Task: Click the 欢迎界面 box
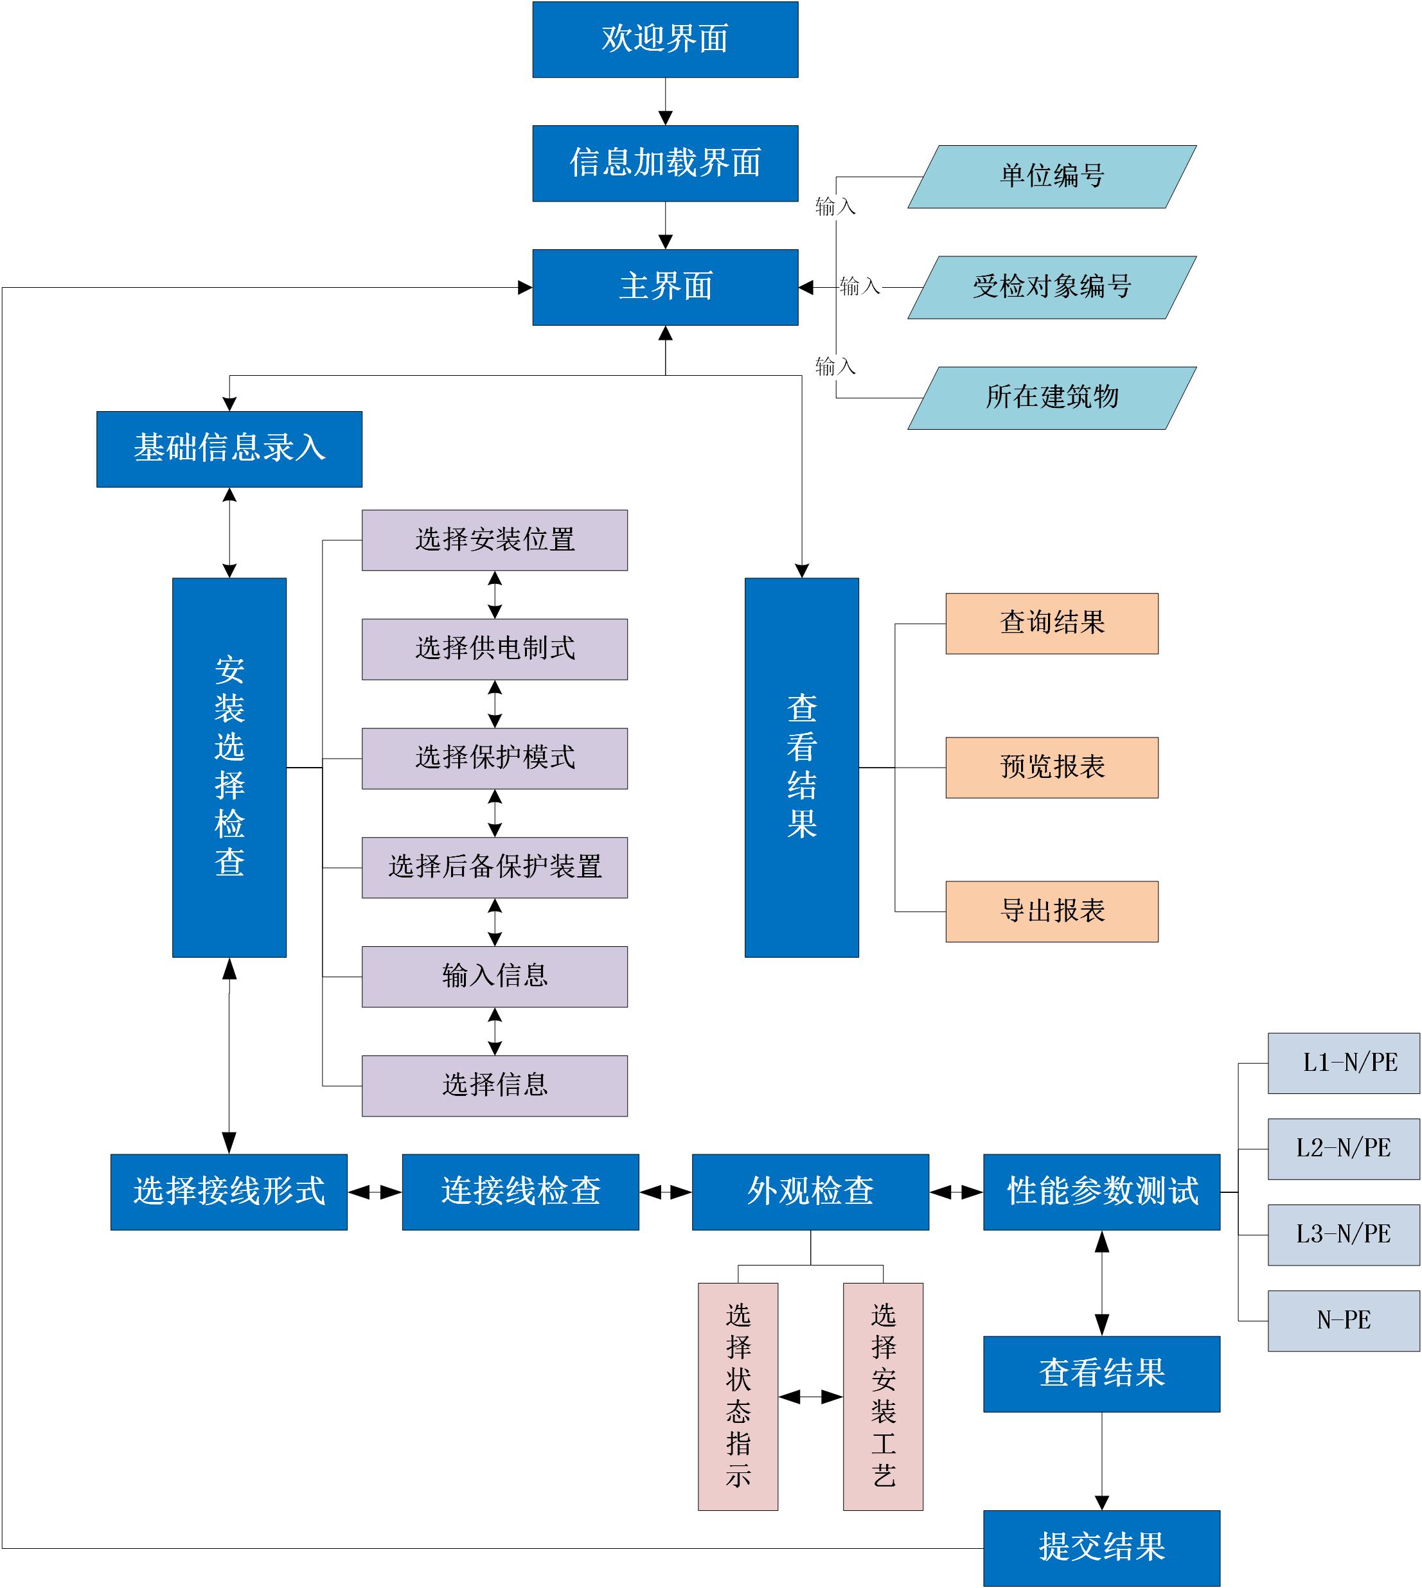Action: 665,39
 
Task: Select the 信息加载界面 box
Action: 665,163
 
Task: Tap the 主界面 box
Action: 665,287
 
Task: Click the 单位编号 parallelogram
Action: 1052,177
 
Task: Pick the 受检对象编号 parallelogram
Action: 1052,287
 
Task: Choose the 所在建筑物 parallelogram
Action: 1052,398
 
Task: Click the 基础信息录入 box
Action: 229,449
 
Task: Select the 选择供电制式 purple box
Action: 495,649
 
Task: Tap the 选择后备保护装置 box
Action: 495,867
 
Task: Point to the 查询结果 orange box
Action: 1052,623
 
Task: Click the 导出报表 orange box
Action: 1052,912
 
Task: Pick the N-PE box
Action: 1343,1321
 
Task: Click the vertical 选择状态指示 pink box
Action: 738,1397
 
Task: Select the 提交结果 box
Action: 1101,1548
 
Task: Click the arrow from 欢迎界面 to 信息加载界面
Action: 665,101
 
